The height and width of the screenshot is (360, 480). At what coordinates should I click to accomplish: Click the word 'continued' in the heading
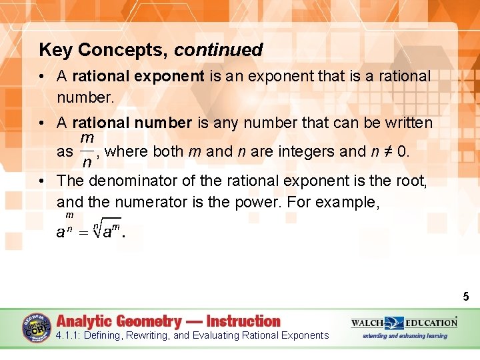pyautogui.click(x=219, y=50)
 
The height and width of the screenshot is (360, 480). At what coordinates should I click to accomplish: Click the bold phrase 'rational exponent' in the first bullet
pyautogui.click(x=138, y=76)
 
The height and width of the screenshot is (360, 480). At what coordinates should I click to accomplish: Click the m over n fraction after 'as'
pyautogui.click(x=87, y=151)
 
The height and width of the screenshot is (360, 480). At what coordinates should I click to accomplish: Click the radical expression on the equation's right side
pyautogui.click(x=107, y=230)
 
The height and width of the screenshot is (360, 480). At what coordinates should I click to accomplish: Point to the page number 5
pyautogui.click(x=466, y=297)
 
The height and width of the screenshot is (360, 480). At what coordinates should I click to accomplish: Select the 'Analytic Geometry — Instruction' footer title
pyautogui.click(x=169, y=321)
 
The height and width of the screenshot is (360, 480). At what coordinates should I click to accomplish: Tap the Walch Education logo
pyautogui.click(x=404, y=322)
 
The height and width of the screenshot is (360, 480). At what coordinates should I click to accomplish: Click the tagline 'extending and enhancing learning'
pyautogui.click(x=405, y=336)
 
